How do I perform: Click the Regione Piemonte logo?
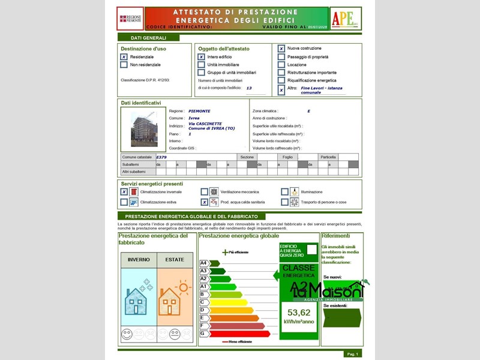(130, 19)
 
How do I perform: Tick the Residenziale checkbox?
(124, 57)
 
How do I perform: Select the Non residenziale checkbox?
(124, 65)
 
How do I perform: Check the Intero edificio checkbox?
(202, 57)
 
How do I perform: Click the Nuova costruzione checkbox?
(281, 49)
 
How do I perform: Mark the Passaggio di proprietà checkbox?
(281, 57)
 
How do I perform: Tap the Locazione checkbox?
(281, 65)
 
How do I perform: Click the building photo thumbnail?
(144, 129)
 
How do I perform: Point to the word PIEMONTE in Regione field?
(199, 111)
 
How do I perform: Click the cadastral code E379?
(161, 157)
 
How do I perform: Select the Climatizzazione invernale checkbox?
(124, 192)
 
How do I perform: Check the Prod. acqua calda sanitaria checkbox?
(204, 202)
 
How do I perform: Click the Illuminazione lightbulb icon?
(295, 192)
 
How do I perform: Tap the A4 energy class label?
(203, 263)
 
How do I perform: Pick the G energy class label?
(203, 333)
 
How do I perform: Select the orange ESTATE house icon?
(175, 300)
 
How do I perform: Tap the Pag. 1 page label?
(352, 354)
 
